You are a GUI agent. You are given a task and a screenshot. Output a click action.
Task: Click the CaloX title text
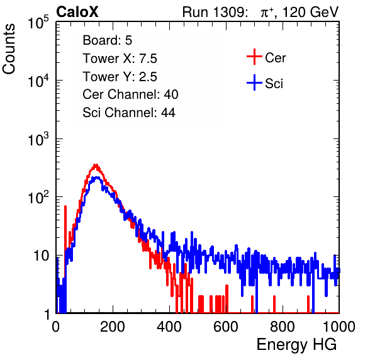[77, 12]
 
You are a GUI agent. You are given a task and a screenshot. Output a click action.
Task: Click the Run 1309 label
[215, 12]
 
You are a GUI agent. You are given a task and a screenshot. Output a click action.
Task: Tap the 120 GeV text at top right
[310, 12]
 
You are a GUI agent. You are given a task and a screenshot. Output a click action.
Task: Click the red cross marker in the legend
[254, 57]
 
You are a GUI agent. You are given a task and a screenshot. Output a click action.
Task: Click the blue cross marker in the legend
[254, 82]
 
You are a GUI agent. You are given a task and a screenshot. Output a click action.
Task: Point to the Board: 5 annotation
[108, 40]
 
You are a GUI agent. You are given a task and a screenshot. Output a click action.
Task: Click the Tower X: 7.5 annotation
[120, 59]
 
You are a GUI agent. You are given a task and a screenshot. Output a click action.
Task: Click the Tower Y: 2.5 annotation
[120, 77]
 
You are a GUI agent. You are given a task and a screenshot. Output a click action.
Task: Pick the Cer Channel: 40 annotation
[130, 94]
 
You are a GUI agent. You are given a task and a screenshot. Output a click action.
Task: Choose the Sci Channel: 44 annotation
[129, 113]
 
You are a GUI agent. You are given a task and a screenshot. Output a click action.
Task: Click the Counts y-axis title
[9, 49]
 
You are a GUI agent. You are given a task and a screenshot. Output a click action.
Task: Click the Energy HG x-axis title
[296, 345]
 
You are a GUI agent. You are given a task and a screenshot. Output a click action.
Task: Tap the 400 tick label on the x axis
[169, 327]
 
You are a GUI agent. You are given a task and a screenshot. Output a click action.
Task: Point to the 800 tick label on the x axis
[283, 327]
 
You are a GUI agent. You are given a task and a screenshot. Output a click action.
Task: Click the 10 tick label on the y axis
[41, 256]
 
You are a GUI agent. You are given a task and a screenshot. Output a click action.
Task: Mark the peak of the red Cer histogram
[96, 165]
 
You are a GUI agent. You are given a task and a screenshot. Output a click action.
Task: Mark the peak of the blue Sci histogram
[97, 177]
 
